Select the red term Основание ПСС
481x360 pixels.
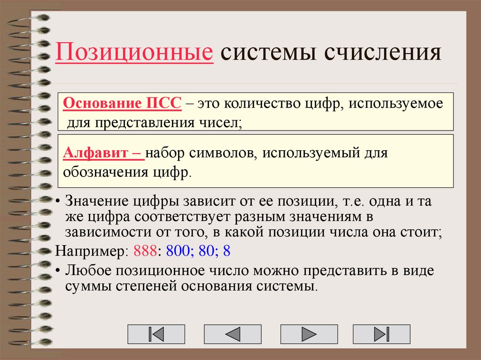tap(122, 104)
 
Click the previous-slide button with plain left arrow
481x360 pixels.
tap(233, 334)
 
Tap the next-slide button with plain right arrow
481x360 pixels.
tap(309, 334)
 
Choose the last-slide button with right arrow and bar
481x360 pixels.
tap(382, 334)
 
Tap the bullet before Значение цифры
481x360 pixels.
tap(58, 202)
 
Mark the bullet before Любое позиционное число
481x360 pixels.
tap(58, 271)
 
